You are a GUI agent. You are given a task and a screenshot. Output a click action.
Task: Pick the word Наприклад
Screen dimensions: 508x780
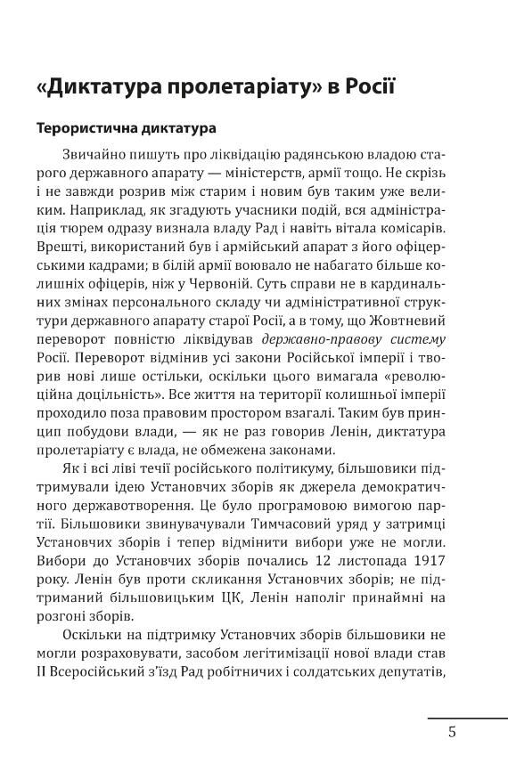[x=79, y=215]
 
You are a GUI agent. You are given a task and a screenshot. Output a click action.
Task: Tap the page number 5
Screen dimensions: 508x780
[x=452, y=732]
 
